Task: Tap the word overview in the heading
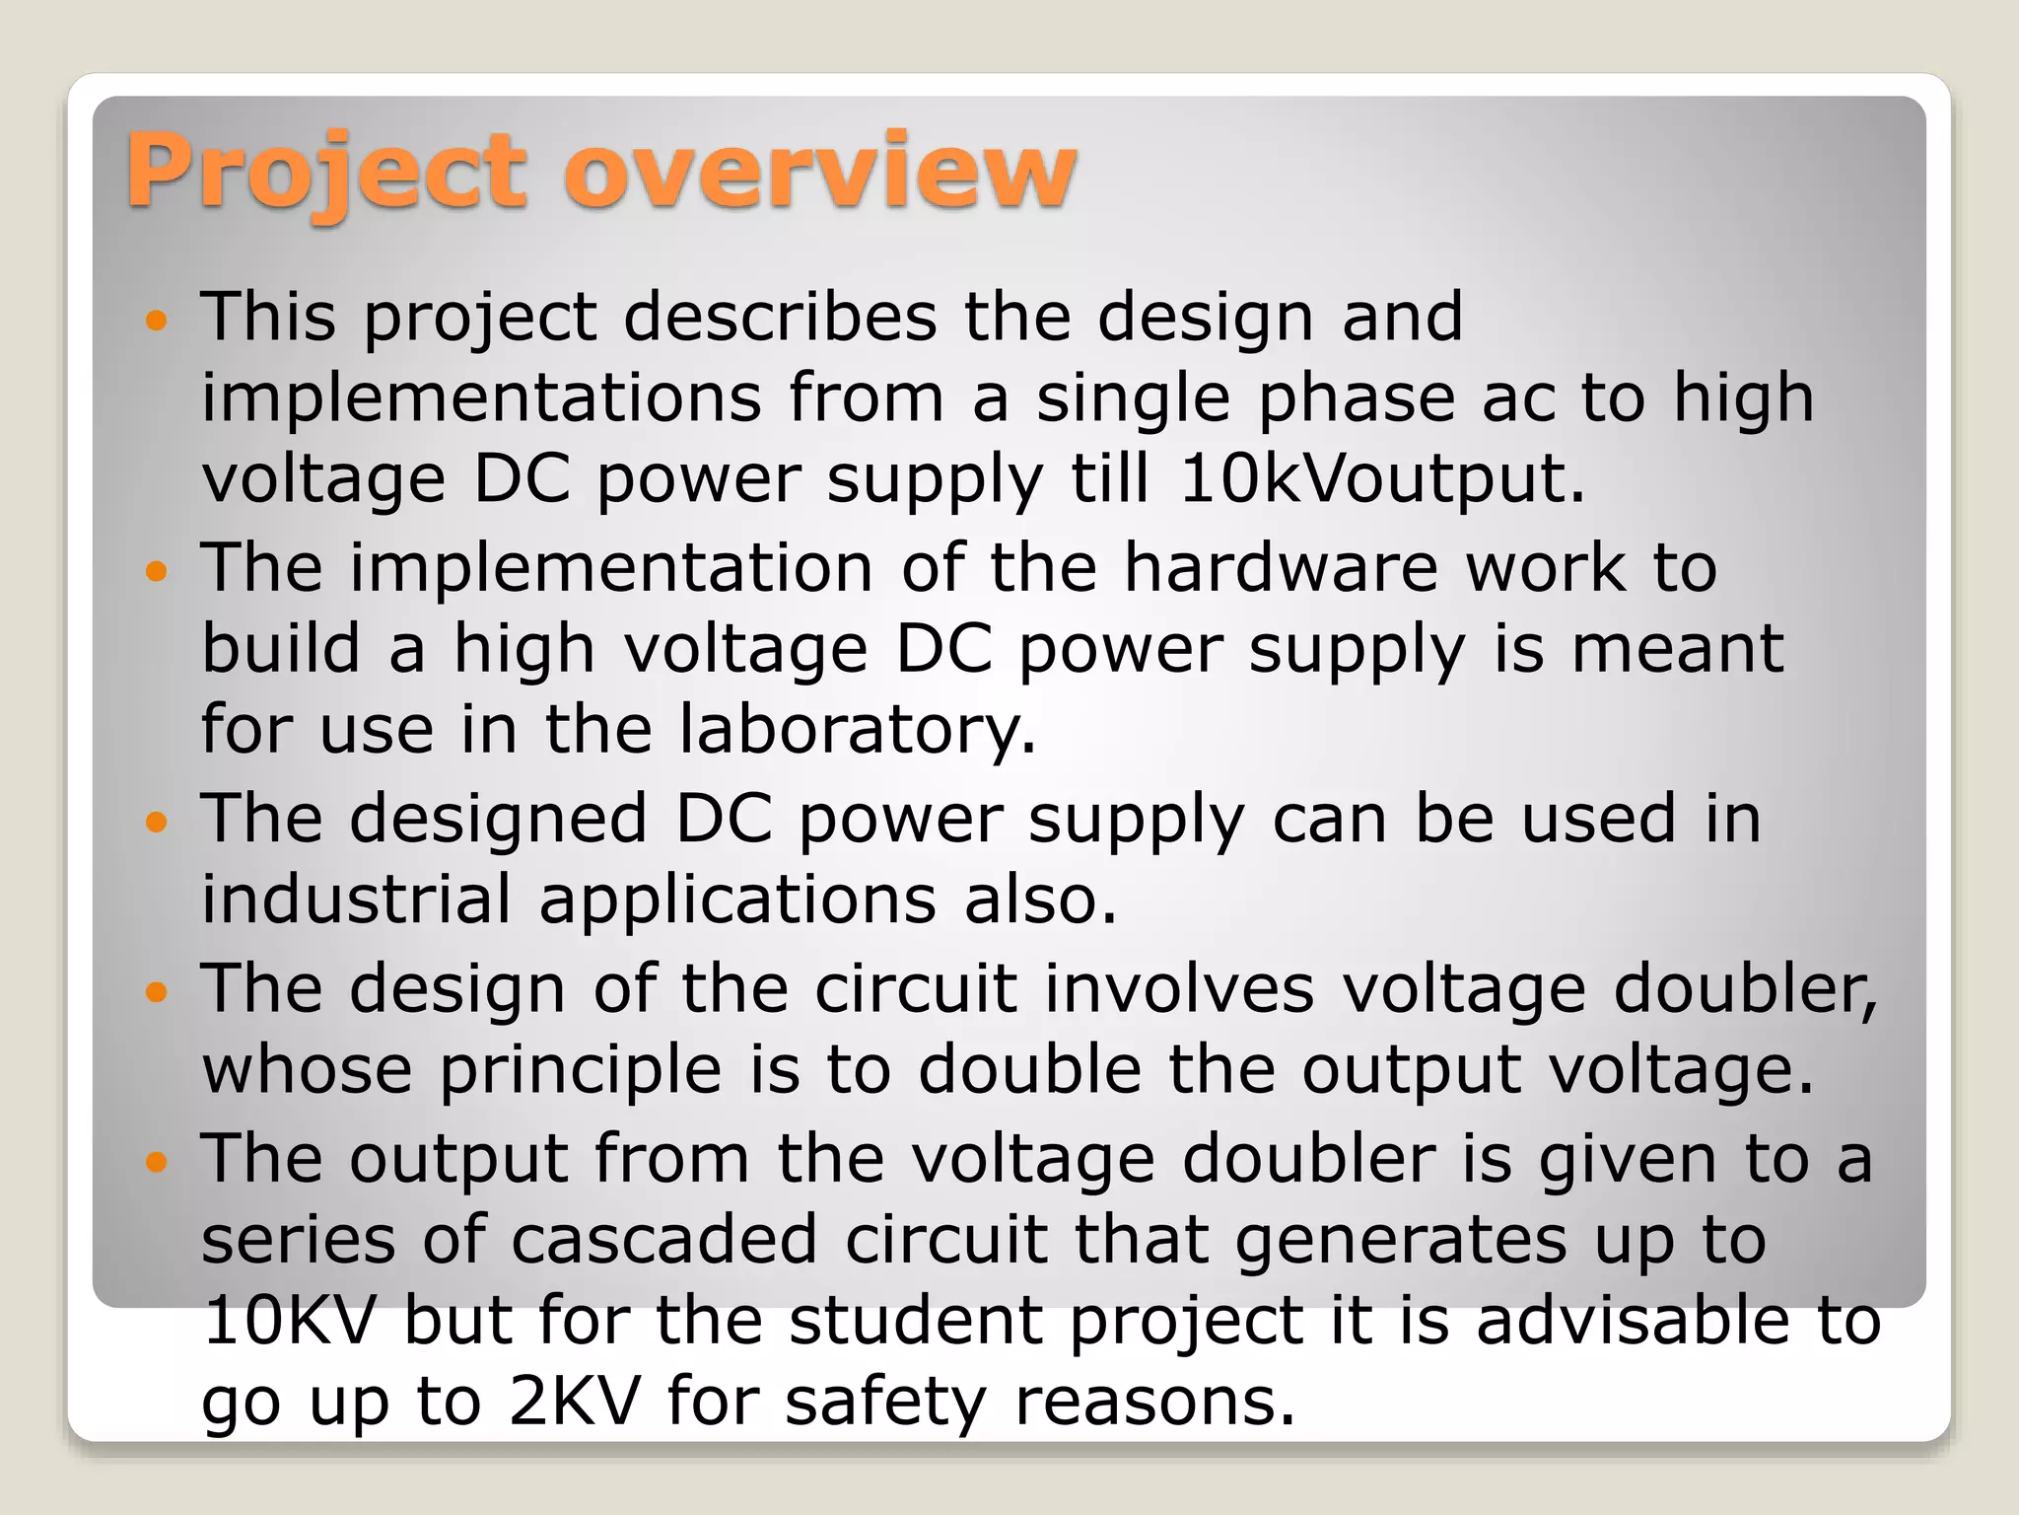point(820,173)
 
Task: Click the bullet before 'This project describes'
point(157,320)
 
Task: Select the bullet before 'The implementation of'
point(157,570)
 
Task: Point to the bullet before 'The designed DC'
point(157,821)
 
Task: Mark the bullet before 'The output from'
point(157,1161)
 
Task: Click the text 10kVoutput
point(1380,479)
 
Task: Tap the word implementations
point(481,398)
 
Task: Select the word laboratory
point(857,731)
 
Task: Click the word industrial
point(356,900)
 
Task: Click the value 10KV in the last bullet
point(290,1321)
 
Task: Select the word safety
point(884,1403)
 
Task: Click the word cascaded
point(663,1240)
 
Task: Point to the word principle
point(581,1071)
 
